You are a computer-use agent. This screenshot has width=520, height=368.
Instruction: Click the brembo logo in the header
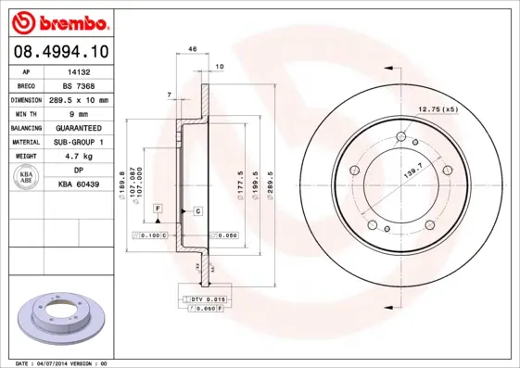tap(62, 20)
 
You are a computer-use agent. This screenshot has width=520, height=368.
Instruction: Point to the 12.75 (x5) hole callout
tap(438, 110)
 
